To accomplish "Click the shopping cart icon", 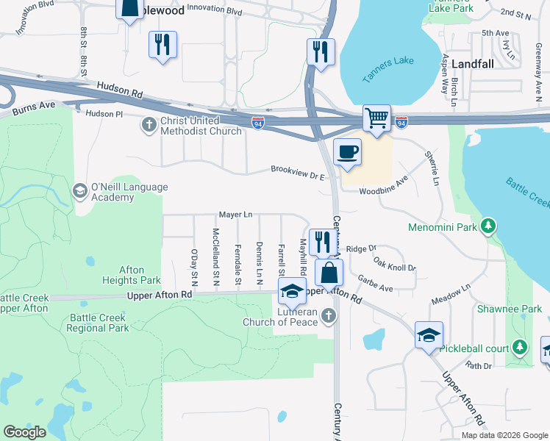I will tap(376, 118).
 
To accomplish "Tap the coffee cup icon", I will tap(347, 152).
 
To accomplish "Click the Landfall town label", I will tap(471, 64).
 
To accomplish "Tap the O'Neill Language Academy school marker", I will tap(80, 192).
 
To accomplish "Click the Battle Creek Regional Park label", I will tap(98, 323).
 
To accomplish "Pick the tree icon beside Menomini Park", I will tap(487, 224).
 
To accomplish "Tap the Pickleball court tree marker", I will tap(521, 345).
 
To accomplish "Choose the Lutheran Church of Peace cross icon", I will tap(329, 316).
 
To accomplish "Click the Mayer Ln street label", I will tap(235, 215).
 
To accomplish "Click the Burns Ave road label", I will tap(34, 112).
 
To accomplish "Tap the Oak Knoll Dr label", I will tap(394, 262).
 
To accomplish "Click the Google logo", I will tap(25, 431).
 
